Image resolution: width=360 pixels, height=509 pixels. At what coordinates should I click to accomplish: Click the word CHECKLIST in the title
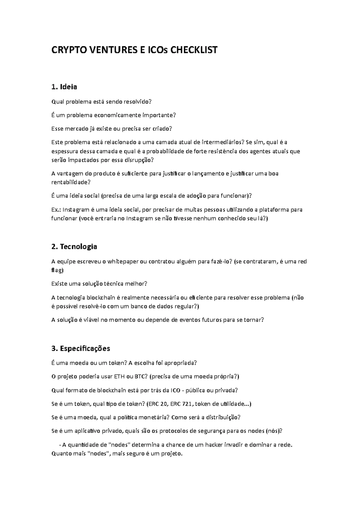194,50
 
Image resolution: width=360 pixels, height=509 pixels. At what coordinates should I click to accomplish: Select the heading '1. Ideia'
64,87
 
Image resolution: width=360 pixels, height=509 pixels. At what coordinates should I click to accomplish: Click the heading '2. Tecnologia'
74,247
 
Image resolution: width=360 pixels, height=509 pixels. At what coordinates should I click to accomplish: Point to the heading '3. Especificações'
81,348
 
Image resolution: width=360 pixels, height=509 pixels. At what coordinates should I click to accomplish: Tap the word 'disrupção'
140,160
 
